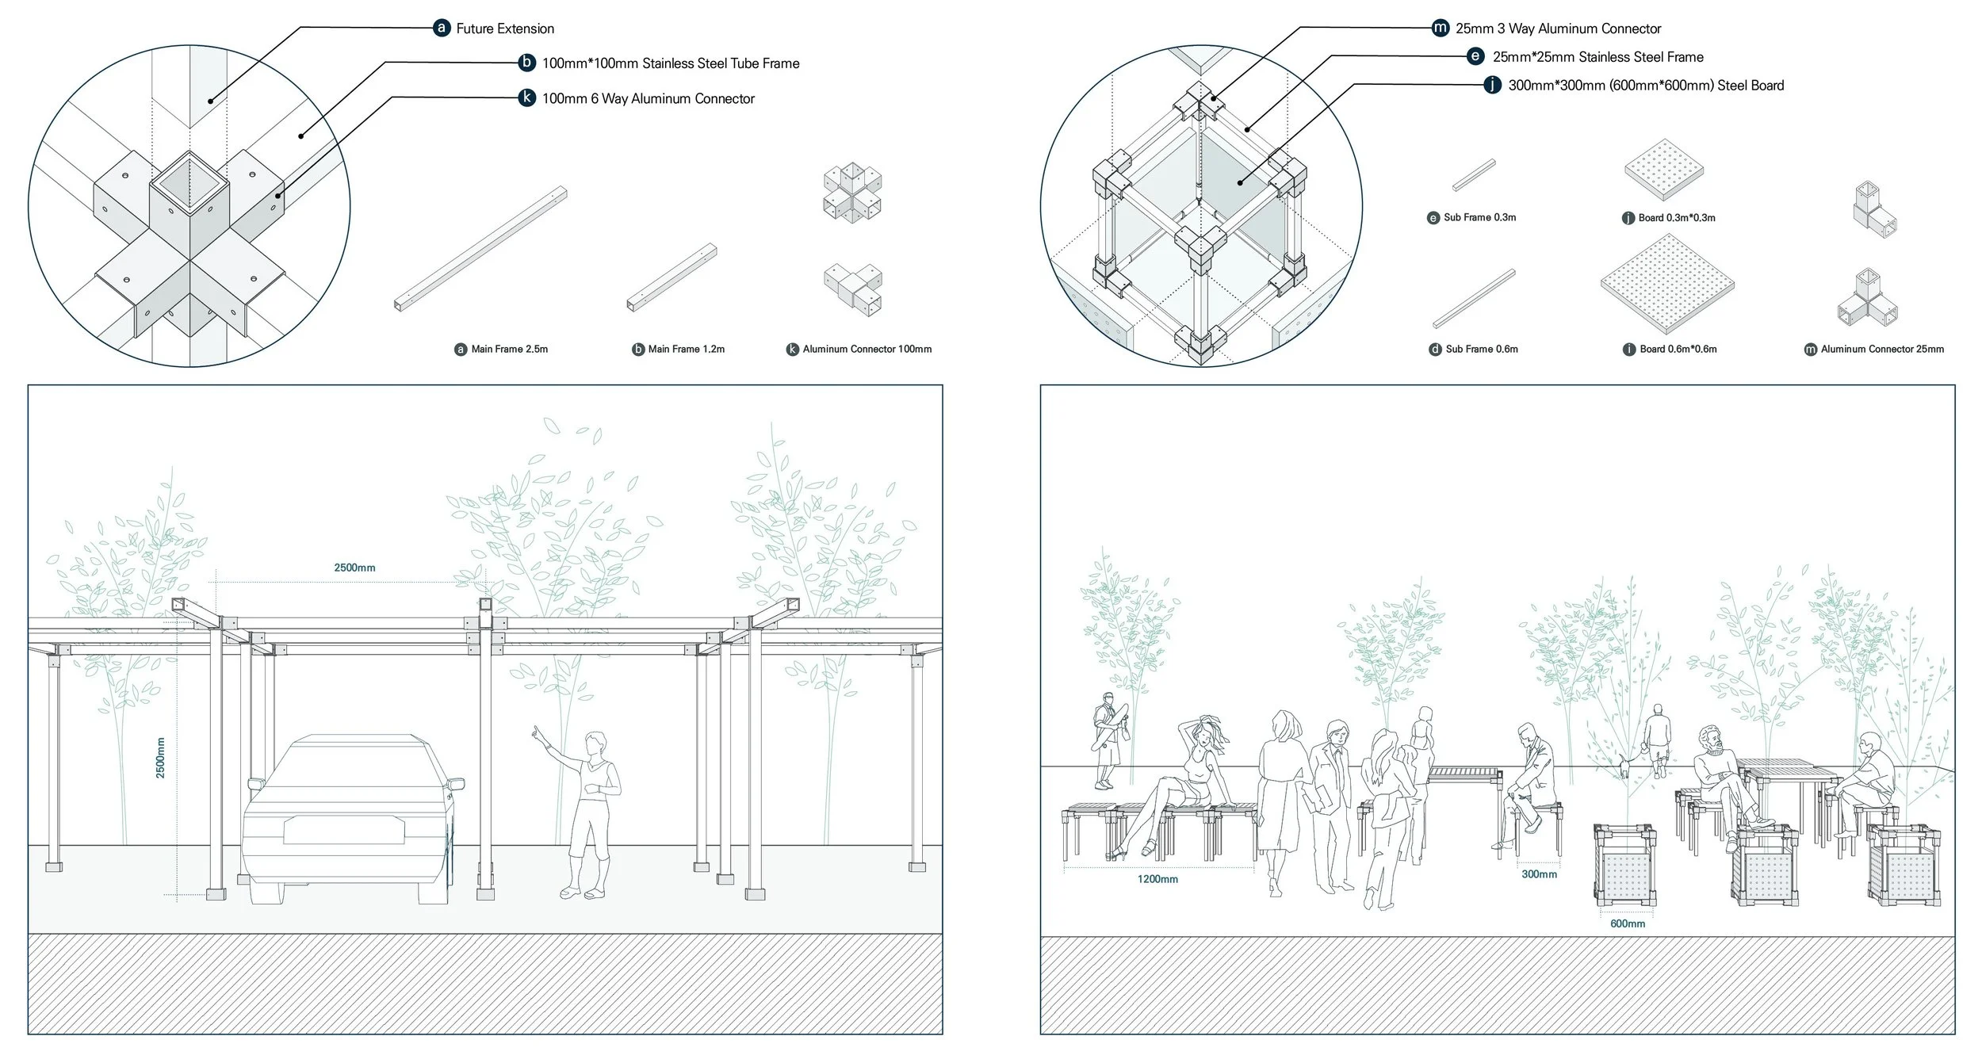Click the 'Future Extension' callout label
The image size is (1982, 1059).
click(x=504, y=29)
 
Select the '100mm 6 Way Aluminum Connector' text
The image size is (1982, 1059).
click(x=648, y=99)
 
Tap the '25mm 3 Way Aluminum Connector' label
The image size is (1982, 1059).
click(x=1557, y=29)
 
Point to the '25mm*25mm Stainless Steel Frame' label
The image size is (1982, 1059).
click(x=1597, y=57)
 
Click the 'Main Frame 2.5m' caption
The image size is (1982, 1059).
click(x=509, y=350)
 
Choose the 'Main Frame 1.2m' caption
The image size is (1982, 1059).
click(x=686, y=350)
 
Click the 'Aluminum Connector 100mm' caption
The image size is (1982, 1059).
click(x=867, y=350)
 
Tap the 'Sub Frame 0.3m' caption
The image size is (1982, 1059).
click(x=1479, y=218)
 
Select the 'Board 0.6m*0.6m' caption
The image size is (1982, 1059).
click(x=1678, y=350)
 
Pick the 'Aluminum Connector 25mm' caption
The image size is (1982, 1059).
click(x=1881, y=350)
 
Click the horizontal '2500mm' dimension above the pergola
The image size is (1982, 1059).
click(x=354, y=568)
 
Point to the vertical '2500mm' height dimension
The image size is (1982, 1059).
click(x=161, y=758)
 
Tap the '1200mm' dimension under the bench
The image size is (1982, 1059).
click(x=1157, y=880)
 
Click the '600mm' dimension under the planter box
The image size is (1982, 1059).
click(x=1627, y=924)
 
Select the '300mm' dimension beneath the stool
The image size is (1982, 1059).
click(x=1539, y=875)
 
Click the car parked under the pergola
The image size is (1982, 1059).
click(x=349, y=816)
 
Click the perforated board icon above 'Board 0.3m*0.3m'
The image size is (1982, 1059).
click(x=1663, y=169)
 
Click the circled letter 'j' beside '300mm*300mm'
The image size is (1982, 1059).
click(x=1492, y=86)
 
